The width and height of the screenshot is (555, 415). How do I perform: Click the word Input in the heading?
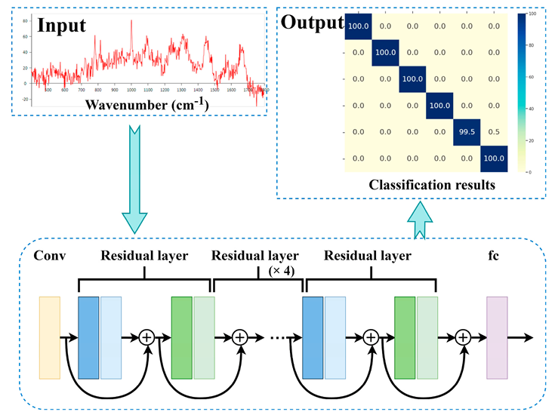point(61,26)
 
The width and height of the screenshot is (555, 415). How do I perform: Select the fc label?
point(495,256)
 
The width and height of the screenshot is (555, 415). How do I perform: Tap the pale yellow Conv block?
point(49,337)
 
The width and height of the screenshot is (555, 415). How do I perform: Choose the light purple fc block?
point(497,337)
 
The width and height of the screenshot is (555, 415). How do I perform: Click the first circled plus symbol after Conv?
point(146,337)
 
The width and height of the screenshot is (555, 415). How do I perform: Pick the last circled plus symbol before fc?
point(463,337)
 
